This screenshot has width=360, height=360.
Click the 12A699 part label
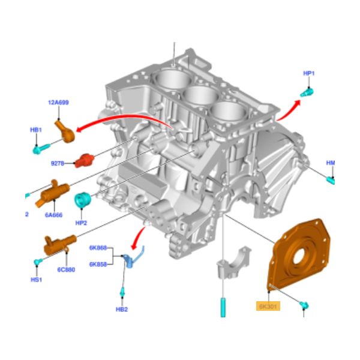pyautogui.click(x=58, y=103)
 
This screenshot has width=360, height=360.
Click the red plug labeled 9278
pyautogui.click(x=85, y=160)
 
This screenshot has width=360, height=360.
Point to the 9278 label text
pyautogui.click(x=58, y=162)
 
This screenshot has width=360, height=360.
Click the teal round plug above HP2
pyautogui.click(x=82, y=200)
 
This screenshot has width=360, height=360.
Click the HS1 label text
pyautogui.click(x=36, y=280)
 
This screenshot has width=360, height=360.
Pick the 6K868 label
pyautogui.click(x=98, y=248)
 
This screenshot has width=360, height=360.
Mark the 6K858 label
pyautogui.click(x=98, y=264)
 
